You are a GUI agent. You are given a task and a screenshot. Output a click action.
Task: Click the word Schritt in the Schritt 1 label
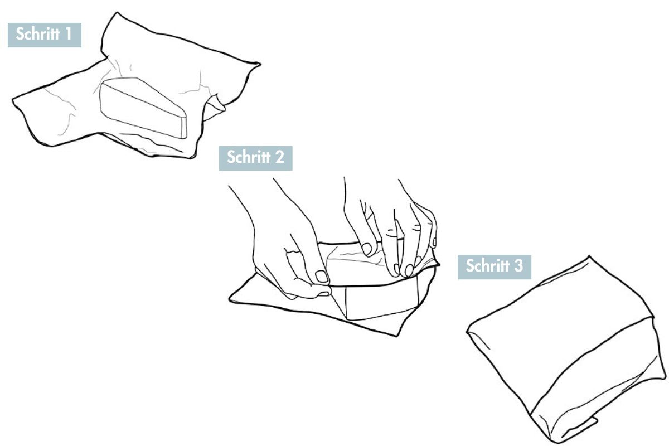(38, 33)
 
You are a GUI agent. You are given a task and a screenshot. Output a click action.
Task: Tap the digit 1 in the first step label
(69, 33)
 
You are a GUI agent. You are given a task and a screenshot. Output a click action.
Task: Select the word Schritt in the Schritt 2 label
(249, 157)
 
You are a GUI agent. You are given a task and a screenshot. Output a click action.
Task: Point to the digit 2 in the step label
(279, 157)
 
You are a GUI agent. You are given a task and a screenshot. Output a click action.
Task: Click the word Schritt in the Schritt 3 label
(488, 265)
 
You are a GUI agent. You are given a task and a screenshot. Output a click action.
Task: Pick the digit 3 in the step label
(518, 265)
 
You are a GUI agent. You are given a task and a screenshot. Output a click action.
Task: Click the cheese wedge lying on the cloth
(143, 108)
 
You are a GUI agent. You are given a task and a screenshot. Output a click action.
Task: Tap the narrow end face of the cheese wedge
(183, 127)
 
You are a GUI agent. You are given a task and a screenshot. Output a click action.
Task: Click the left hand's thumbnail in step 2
(322, 277)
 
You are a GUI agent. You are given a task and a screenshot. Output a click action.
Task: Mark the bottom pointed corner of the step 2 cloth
(396, 336)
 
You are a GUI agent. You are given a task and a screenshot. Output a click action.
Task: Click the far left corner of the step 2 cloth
(230, 299)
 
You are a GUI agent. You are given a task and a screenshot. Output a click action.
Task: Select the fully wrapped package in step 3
(566, 350)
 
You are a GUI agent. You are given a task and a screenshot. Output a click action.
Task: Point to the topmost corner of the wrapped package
(589, 256)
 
